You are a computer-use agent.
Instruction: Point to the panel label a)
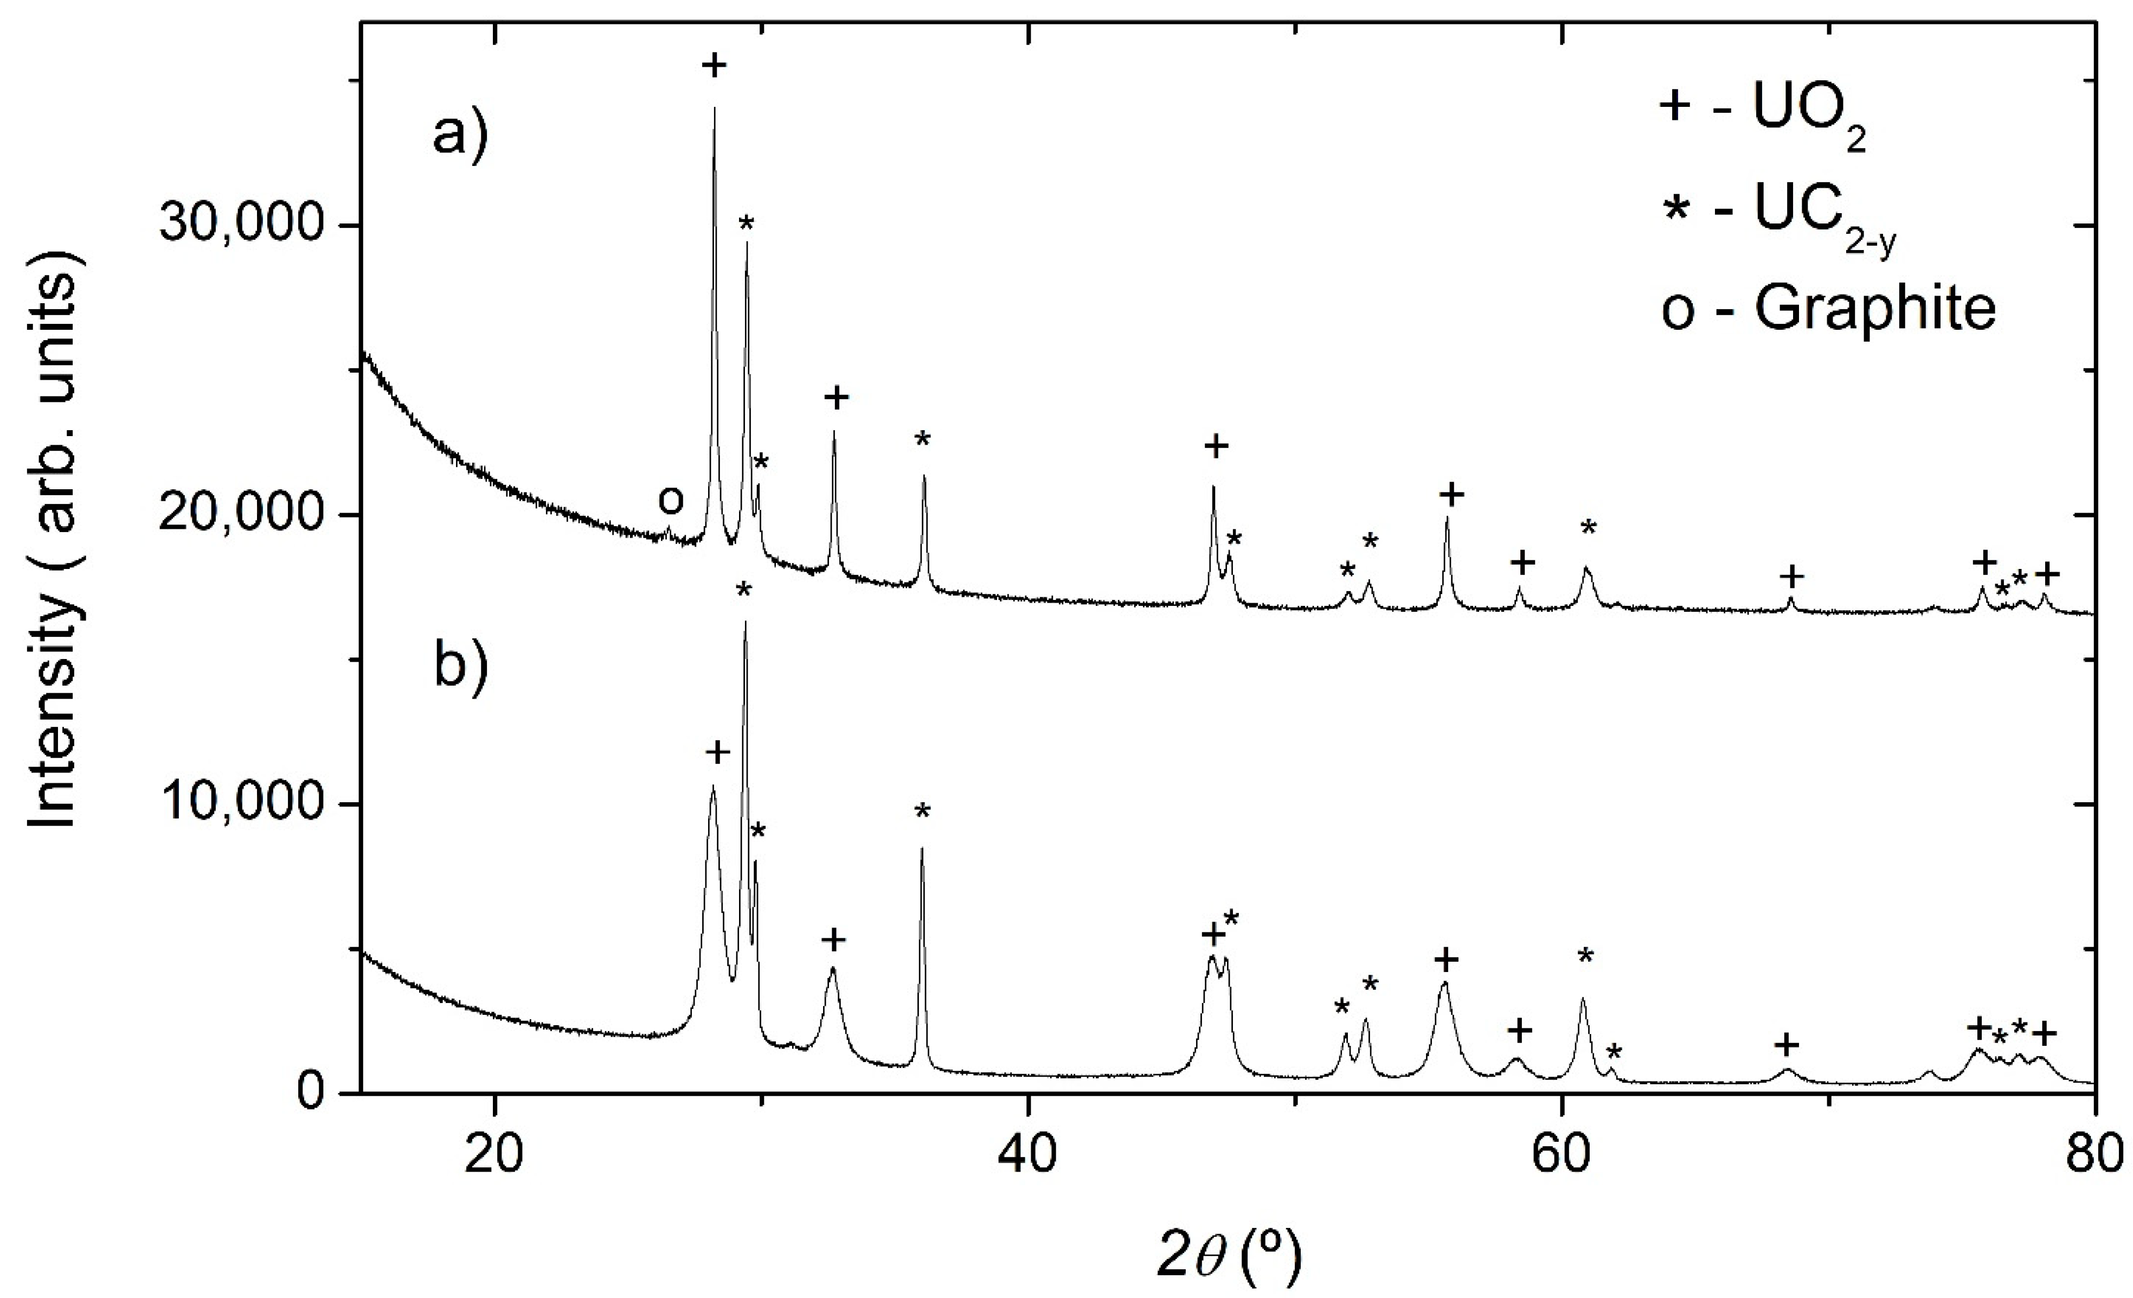pos(460,136)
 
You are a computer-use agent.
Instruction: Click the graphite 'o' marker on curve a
pos(670,500)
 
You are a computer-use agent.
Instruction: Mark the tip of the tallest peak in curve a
pos(714,109)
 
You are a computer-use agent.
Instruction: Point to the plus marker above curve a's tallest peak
pos(714,66)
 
